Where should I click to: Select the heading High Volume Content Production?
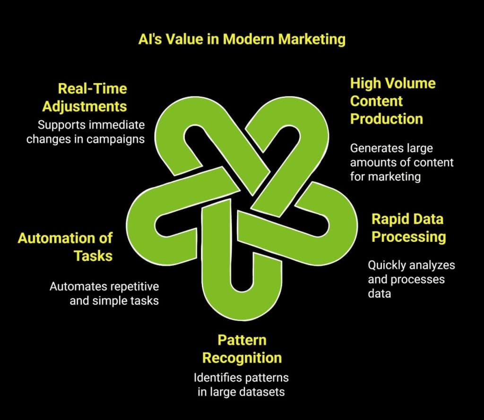(x=392, y=101)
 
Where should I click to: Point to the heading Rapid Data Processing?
(x=408, y=227)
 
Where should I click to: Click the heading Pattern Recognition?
(x=242, y=349)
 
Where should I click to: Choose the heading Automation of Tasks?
(x=65, y=247)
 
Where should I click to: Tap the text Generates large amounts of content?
(x=401, y=162)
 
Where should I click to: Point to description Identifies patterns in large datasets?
(x=241, y=385)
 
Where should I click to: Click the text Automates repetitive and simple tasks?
(x=104, y=293)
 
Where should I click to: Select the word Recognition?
(x=242, y=358)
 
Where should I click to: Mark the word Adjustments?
(x=85, y=106)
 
